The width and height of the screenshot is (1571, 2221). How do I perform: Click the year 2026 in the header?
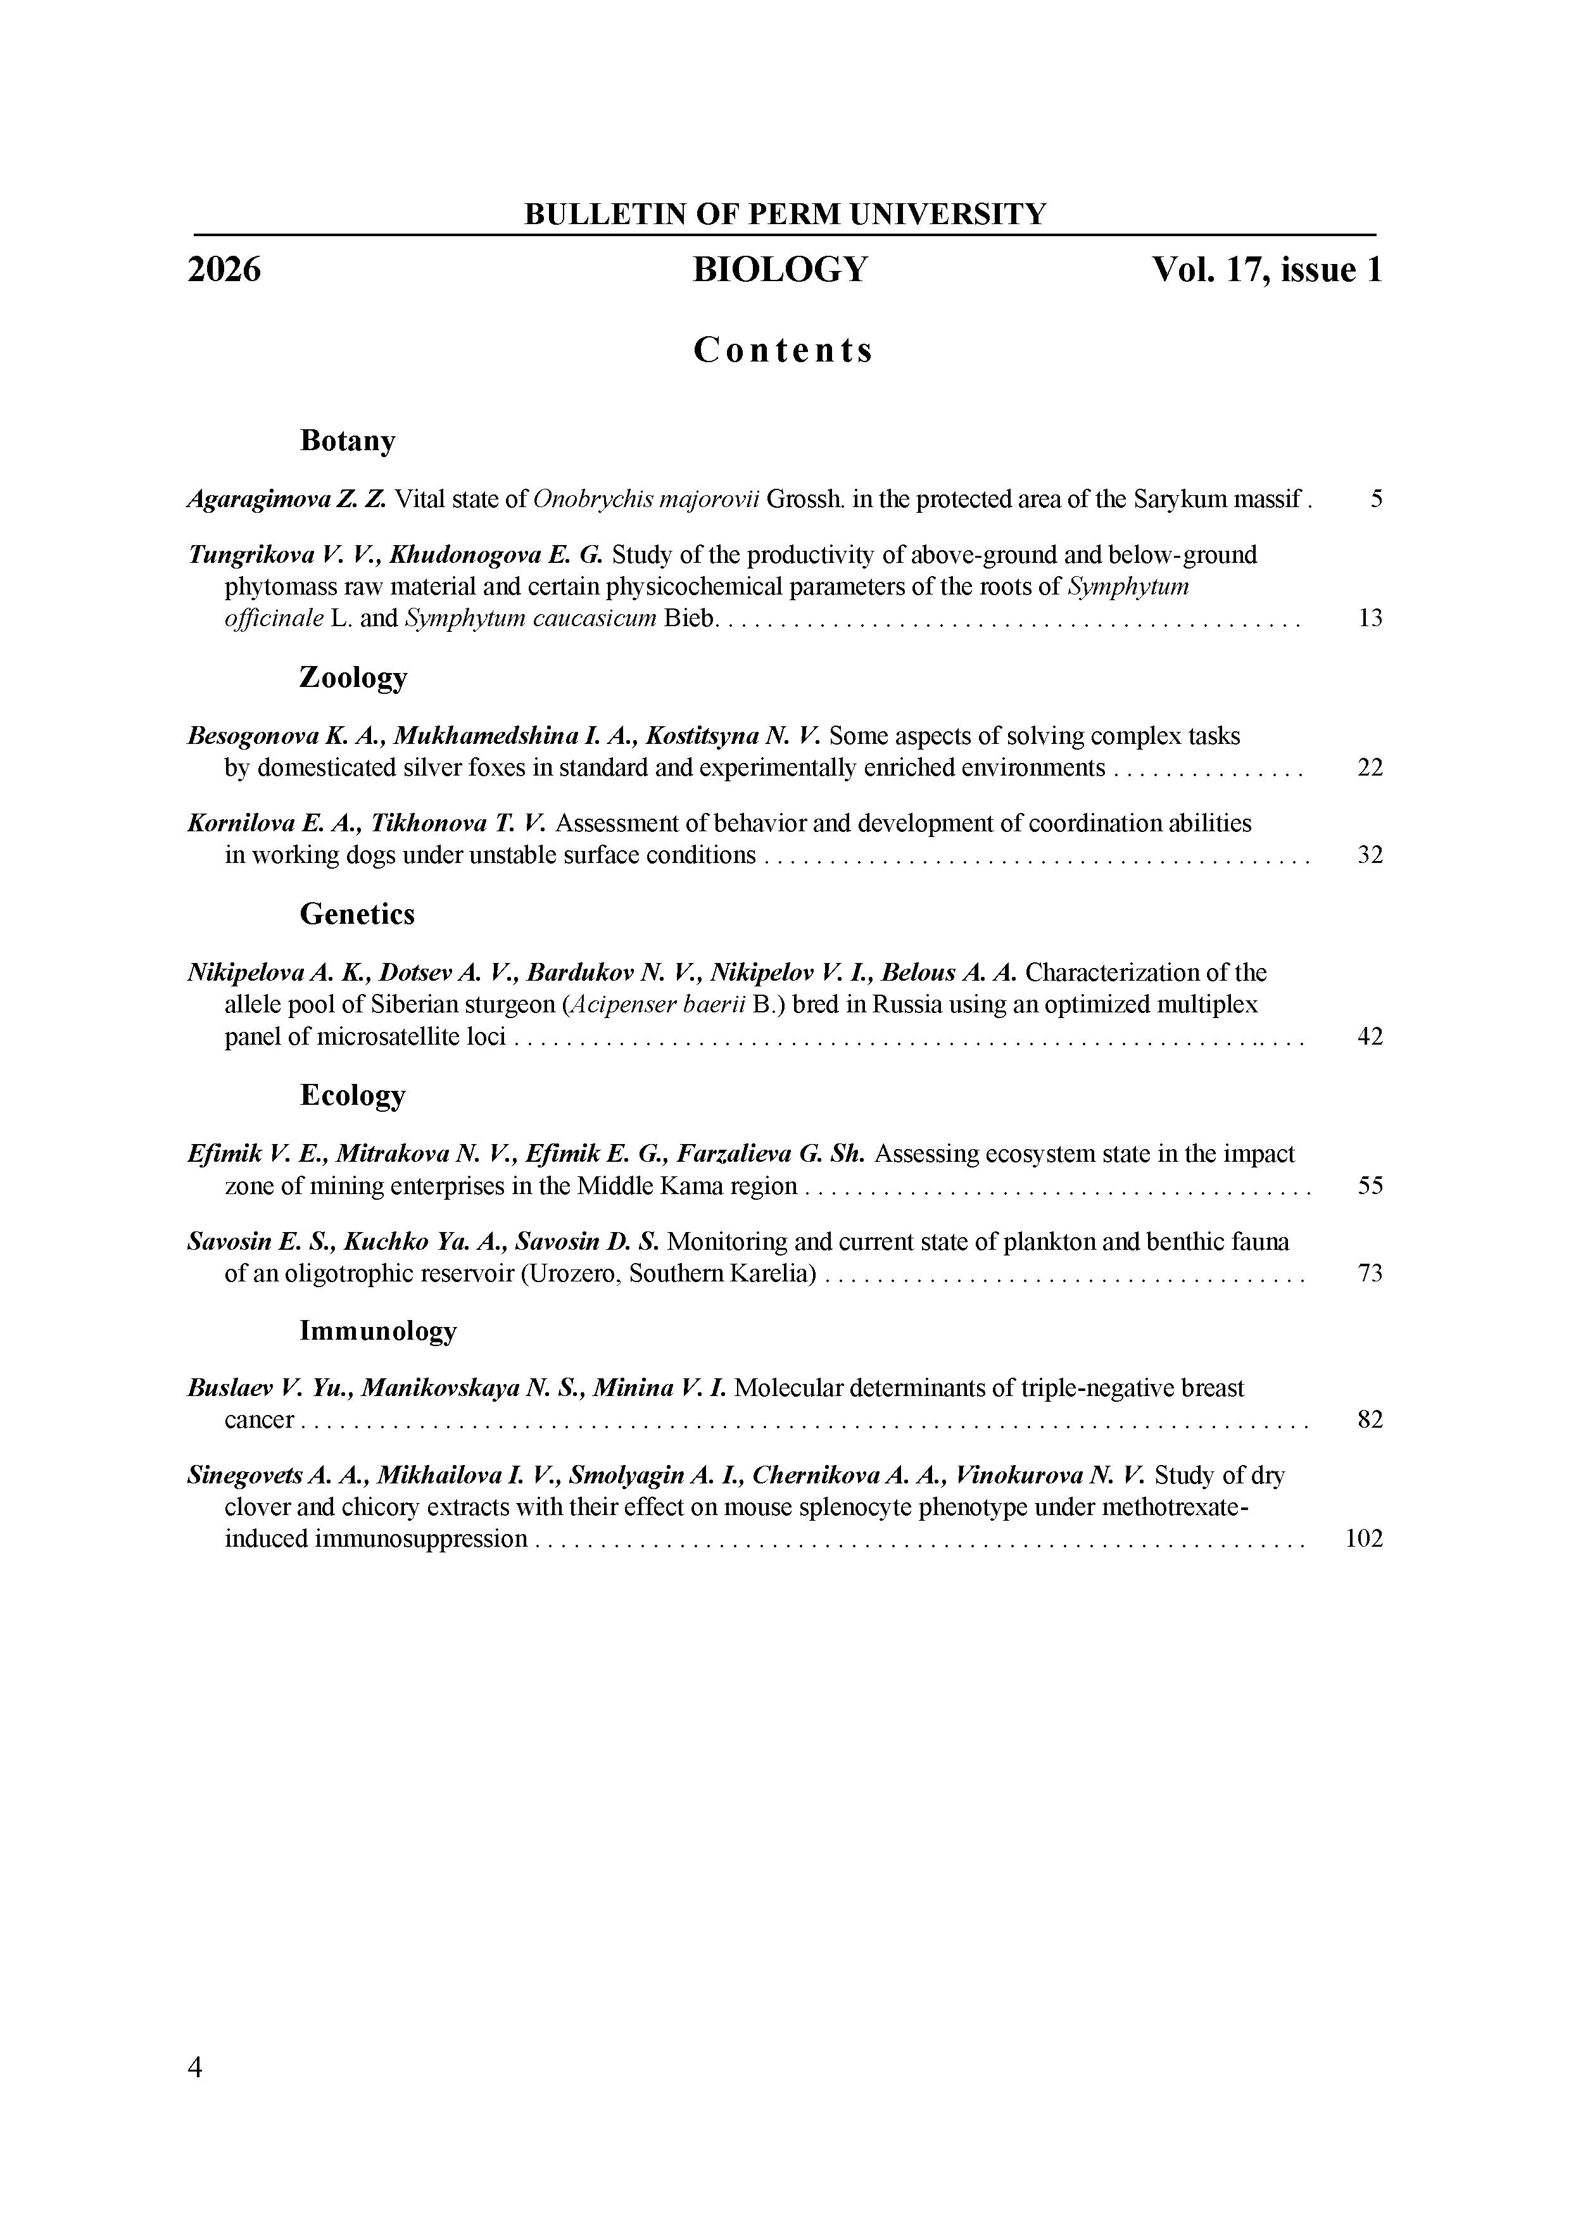(x=224, y=270)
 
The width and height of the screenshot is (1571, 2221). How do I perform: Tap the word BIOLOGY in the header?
(x=779, y=270)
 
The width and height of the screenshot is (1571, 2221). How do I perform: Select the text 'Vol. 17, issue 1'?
(x=1266, y=270)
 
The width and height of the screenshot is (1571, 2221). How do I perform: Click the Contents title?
(x=783, y=350)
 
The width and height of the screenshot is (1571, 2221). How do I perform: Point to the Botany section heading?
(x=347, y=441)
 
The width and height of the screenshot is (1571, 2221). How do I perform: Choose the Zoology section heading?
(x=353, y=677)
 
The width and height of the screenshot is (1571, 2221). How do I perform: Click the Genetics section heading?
(x=357, y=914)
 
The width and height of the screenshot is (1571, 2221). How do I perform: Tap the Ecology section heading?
(x=352, y=1095)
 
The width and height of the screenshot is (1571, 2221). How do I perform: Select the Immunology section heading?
(x=377, y=1331)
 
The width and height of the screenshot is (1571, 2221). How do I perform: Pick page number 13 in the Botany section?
(x=1370, y=618)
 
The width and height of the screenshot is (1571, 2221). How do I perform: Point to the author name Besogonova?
(x=253, y=737)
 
